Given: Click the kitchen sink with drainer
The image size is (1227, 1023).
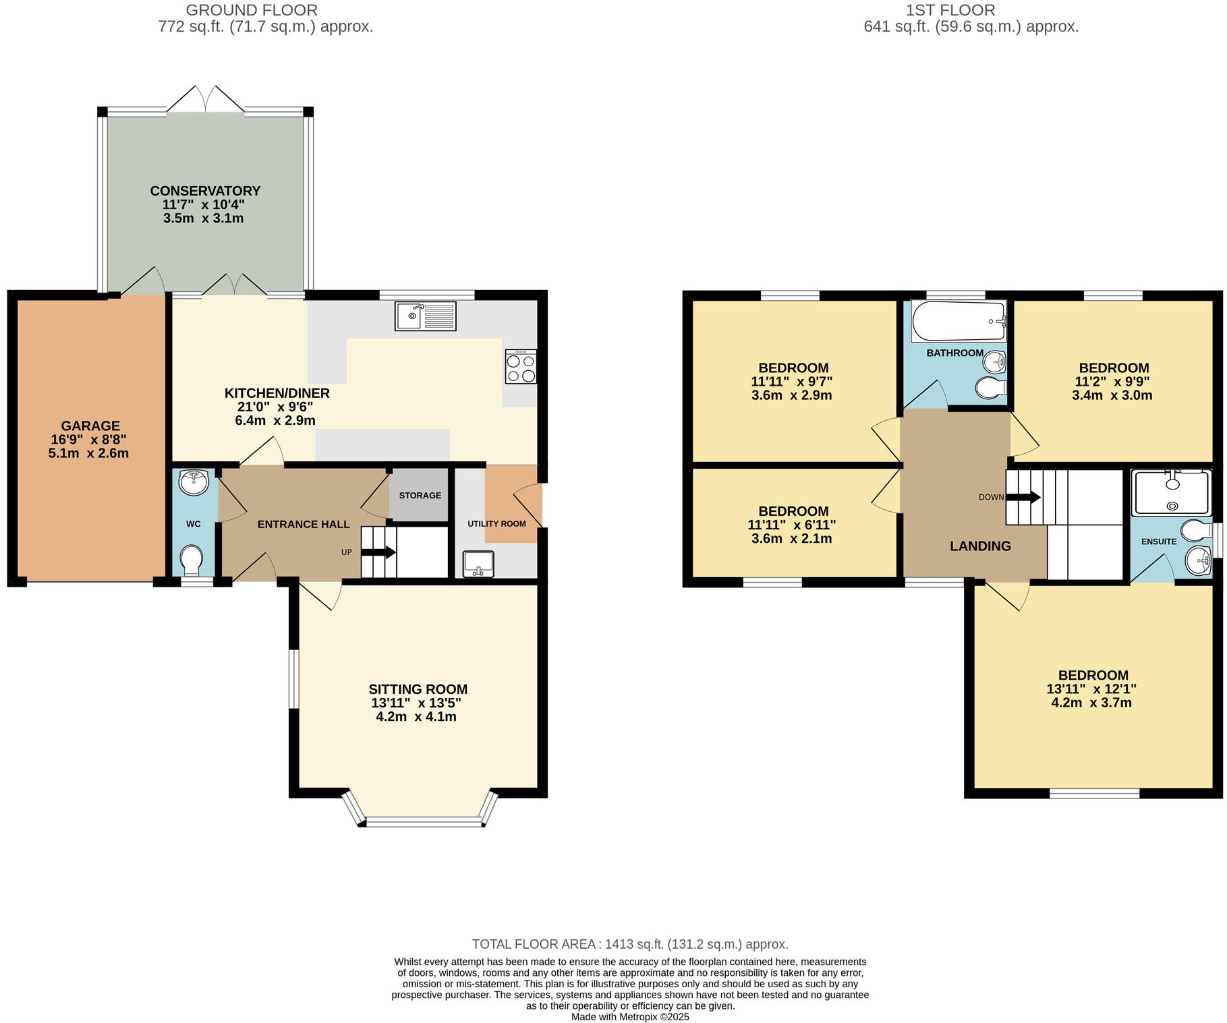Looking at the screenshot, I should tap(425, 316).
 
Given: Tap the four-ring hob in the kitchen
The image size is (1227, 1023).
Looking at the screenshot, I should tap(521, 367).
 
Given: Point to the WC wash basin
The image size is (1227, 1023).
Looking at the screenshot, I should tap(194, 482).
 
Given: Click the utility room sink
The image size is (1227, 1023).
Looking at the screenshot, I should tap(478, 564).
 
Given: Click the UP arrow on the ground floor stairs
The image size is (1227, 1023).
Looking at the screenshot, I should tap(378, 552).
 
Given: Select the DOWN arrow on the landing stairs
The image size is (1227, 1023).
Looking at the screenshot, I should tap(1023, 497).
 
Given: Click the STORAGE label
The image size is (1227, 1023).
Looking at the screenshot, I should tap(420, 496).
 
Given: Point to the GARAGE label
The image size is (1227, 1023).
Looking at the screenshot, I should tap(90, 426).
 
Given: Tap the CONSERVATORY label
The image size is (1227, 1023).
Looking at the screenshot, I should tap(205, 191).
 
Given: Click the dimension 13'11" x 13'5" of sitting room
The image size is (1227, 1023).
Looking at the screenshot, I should tap(416, 703).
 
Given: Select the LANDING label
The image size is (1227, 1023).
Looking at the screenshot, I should tap(980, 546).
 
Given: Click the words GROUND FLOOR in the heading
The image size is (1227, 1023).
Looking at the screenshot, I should tap(252, 10).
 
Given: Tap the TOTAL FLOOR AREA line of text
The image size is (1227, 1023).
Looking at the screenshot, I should tap(629, 944).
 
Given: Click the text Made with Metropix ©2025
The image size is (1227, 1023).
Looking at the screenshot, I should tap(630, 1017).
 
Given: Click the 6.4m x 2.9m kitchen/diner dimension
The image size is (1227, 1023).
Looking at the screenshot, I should tap(275, 420).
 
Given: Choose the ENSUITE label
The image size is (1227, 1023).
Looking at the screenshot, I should tap(1158, 542).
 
